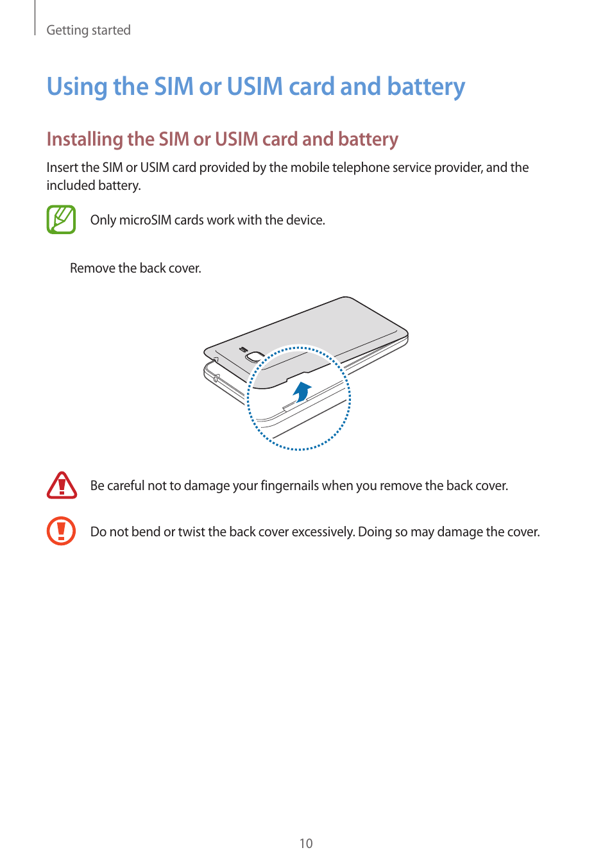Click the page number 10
306,844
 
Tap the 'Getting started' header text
89,30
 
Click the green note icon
61,219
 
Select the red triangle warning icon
62,486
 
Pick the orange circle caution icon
62,531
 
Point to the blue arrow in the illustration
302,391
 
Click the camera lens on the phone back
255,357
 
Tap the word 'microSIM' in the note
145,220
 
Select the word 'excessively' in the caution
323,532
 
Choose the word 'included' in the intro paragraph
71,185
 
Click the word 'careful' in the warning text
126,486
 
